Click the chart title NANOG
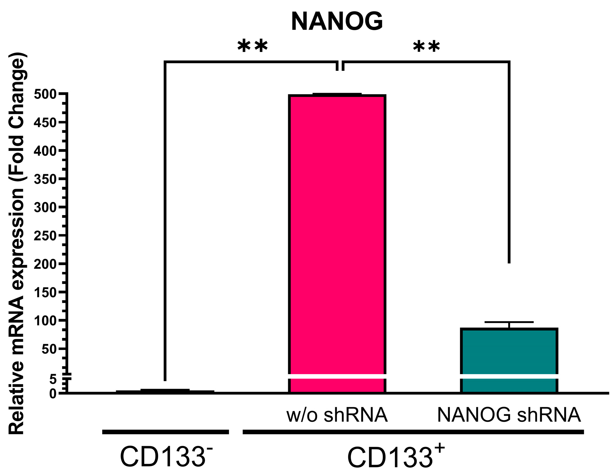[x=337, y=21]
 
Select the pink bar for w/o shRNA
[x=337, y=235]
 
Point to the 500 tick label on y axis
[x=45, y=94]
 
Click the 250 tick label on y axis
[x=45, y=236]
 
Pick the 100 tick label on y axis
[x=45, y=321]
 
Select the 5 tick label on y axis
[x=53, y=379]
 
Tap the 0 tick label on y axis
[x=53, y=394]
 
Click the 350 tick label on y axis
[x=45, y=179]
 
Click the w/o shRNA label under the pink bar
[x=337, y=415]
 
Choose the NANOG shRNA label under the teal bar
[x=509, y=415]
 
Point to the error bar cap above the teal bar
[x=509, y=322]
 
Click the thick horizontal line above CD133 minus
[x=165, y=432]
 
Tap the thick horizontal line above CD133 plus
[x=413, y=432]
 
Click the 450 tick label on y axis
[x=45, y=123]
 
